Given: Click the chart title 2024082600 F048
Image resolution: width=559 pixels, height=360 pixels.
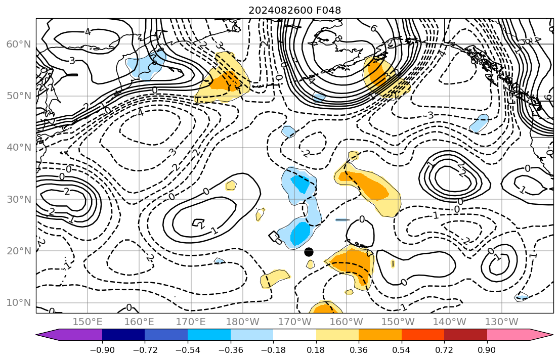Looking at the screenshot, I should pos(294,11).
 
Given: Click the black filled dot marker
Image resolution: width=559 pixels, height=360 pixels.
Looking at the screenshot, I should pos(309,252).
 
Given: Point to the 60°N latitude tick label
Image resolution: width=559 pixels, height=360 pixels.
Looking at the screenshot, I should pos(19,44).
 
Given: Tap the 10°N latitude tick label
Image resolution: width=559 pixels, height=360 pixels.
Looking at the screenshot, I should pos(19,303).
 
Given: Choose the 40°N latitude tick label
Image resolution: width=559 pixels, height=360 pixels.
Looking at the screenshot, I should pos(19,148).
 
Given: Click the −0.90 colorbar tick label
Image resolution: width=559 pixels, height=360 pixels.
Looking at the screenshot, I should pos(102,350).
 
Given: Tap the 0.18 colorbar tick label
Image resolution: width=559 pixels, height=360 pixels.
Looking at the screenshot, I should pos(316,350).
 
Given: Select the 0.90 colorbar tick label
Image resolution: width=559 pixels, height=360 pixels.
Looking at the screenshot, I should pos(487,350).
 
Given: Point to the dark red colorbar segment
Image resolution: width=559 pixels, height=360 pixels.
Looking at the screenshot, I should pos(465,335).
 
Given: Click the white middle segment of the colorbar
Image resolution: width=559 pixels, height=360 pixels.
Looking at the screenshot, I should pos(294,335).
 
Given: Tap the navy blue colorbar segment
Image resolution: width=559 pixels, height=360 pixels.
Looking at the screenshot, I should pos(123,335).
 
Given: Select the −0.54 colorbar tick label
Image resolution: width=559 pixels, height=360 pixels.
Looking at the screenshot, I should pos(188,350).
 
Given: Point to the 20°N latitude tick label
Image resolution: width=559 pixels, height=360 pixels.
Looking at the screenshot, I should pos(19,251).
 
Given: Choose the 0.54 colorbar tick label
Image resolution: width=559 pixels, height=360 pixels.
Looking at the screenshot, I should pos(402,350).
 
